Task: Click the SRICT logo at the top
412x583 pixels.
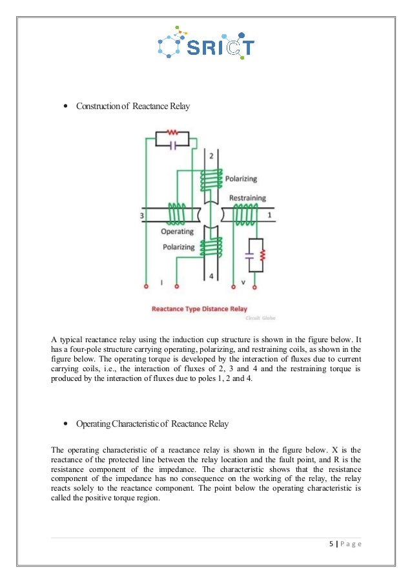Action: [206, 43]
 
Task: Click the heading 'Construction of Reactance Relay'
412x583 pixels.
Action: [133, 106]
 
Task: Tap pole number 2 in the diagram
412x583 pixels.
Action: [211, 156]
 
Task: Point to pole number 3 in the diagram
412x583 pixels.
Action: [141, 213]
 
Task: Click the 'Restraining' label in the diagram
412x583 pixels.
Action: [247, 198]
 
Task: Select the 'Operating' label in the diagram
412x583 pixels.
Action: [178, 230]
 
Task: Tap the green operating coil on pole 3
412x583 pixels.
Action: [176, 212]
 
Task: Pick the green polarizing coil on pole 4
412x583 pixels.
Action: [211, 249]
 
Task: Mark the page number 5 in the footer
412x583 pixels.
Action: [330, 543]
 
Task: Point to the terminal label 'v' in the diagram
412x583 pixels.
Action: [242, 281]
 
